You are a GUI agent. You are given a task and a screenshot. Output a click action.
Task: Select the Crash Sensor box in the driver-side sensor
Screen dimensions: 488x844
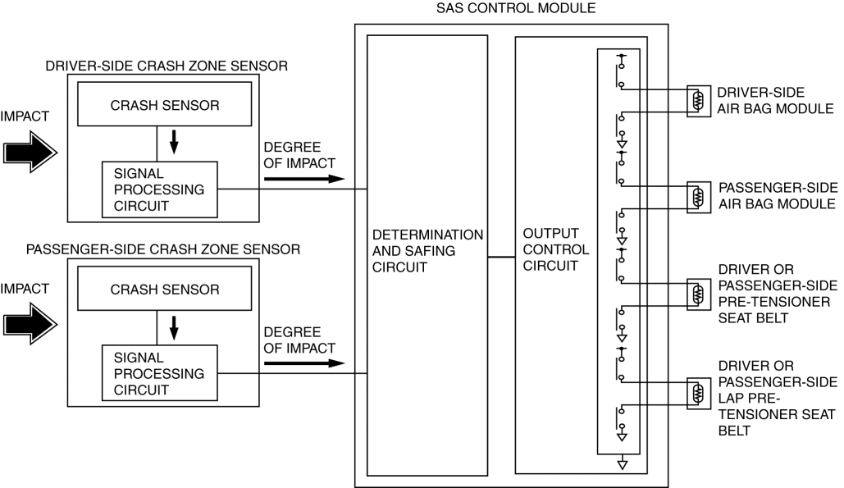(165, 105)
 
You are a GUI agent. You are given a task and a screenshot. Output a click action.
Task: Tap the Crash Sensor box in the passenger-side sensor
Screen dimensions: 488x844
(165, 290)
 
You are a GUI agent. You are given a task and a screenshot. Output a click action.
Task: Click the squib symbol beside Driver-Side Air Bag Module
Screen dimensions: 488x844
(698, 101)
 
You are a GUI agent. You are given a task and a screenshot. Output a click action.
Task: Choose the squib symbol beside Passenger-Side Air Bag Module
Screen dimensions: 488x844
(698, 197)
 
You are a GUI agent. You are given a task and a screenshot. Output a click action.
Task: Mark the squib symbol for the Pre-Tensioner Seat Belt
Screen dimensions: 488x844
(698, 294)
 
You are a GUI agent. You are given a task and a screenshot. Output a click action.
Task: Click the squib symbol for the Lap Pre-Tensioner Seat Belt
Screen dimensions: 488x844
(698, 391)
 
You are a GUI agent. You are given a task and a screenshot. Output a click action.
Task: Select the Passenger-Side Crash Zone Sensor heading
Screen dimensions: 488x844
(163, 248)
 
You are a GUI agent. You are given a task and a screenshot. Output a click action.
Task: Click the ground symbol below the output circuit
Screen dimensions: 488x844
(623, 465)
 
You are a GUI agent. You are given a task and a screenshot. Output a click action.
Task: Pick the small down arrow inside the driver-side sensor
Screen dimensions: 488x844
(173, 144)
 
